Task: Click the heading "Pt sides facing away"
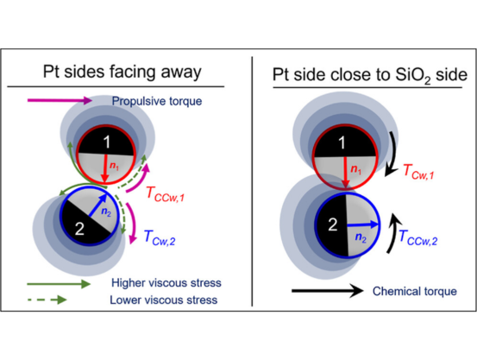[x=122, y=72]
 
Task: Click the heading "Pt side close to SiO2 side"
[x=370, y=75]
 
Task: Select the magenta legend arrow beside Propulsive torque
[x=60, y=100]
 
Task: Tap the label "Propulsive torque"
[x=157, y=101]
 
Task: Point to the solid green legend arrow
[x=59, y=284]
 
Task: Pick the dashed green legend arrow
[x=47, y=300]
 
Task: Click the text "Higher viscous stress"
[x=166, y=283]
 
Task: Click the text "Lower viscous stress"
[x=164, y=300]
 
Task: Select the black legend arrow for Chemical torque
[x=328, y=291]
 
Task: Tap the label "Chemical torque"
[x=415, y=291]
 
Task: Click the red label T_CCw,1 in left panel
[x=166, y=193]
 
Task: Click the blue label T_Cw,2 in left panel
[x=160, y=237]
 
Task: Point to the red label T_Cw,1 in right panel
[x=418, y=171]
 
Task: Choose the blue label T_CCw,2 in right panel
[x=417, y=237]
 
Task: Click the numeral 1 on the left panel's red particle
[x=106, y=142]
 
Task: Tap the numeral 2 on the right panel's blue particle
[x=333, y=224]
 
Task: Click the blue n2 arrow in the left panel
[x=97, y=205]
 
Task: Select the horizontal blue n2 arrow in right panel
[x=363, y=224]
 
